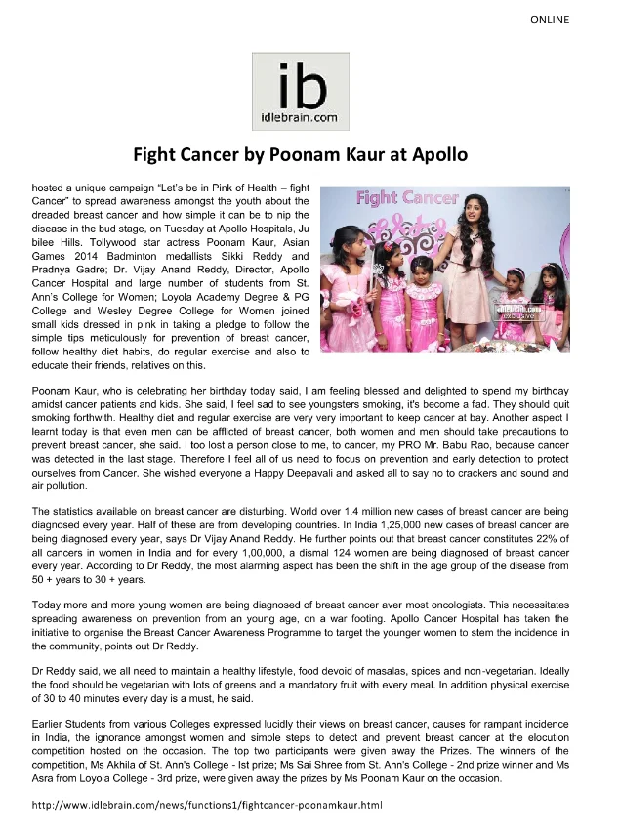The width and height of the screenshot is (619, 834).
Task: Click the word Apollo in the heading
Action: coord(435,154)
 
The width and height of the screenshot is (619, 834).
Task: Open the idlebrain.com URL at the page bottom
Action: coord(206,805)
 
